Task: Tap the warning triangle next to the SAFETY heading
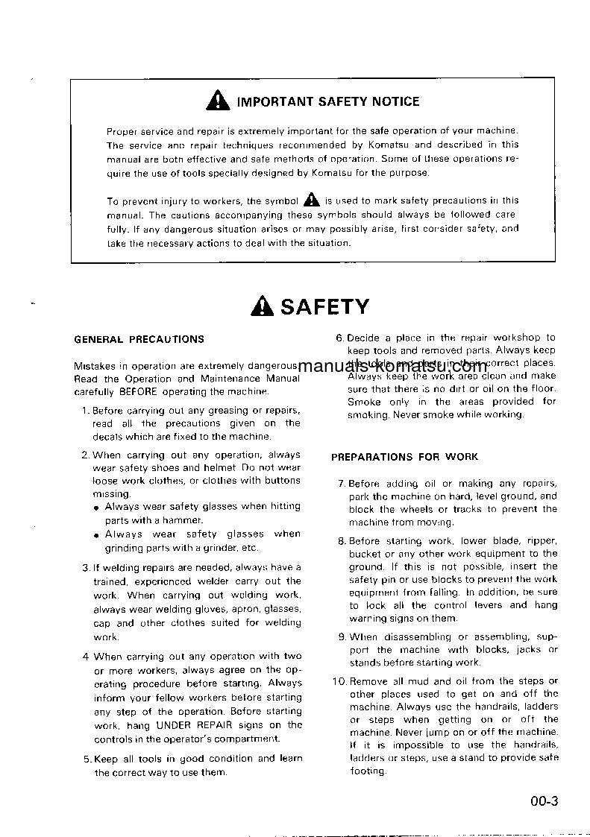pos(263,307)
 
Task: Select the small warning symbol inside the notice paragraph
pos(311,200)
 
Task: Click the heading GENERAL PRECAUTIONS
pos(139,339)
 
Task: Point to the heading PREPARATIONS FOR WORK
pos(405,457)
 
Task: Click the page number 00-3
pos(545,802)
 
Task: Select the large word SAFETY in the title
pos(324,307)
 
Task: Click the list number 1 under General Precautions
pos(85,410)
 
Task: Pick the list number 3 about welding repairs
pos(85,568)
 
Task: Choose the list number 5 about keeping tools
pos(85,759)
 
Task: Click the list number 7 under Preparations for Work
pos(341,484)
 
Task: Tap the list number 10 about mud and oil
pos(339,681)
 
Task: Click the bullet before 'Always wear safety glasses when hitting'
pos(97,508)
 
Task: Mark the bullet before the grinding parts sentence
pos(97,535)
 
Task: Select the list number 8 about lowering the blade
pos(341,541)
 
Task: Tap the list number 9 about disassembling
pos(341,637)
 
